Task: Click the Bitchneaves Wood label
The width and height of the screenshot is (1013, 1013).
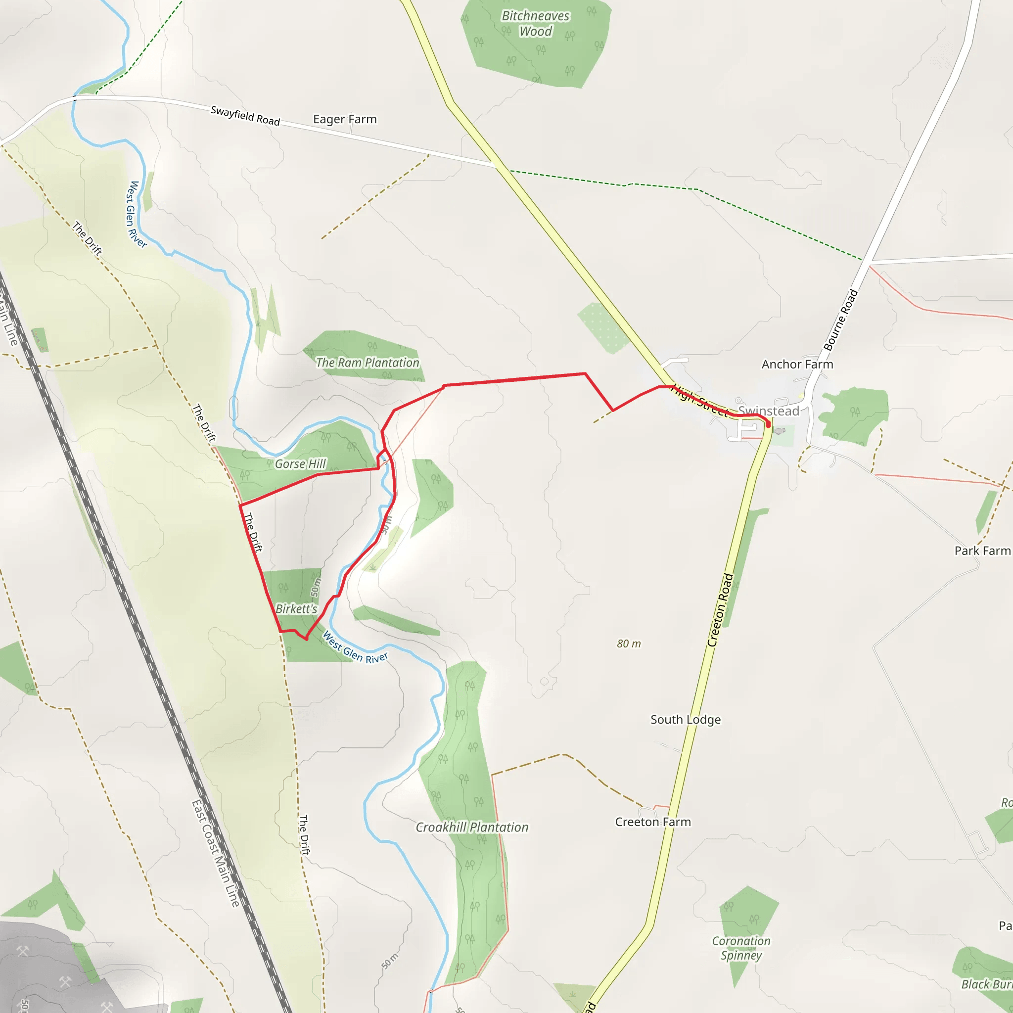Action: [535, 24]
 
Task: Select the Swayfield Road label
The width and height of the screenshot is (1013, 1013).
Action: [245, 115]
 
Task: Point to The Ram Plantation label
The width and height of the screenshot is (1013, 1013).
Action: [367, 362]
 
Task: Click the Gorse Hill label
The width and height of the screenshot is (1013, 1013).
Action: [300, 463]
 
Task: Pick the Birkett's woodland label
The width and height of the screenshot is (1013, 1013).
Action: [296, 609]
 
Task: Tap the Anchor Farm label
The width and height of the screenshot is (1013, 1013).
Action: [797, 364]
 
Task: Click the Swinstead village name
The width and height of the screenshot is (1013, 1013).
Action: [768, 411]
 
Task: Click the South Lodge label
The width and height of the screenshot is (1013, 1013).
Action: [685, 719]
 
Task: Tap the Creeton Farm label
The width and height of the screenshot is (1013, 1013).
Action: [653, 822]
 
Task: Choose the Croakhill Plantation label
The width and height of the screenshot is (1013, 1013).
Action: [472, 827]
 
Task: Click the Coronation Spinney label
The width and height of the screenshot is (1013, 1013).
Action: [741, 948]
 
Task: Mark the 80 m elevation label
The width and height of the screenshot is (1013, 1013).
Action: [628, 644]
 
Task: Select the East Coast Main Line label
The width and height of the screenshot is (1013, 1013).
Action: [216, 853]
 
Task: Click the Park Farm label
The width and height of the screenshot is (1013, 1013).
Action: [982, 551]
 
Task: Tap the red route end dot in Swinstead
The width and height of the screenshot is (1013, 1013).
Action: [768, 425]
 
